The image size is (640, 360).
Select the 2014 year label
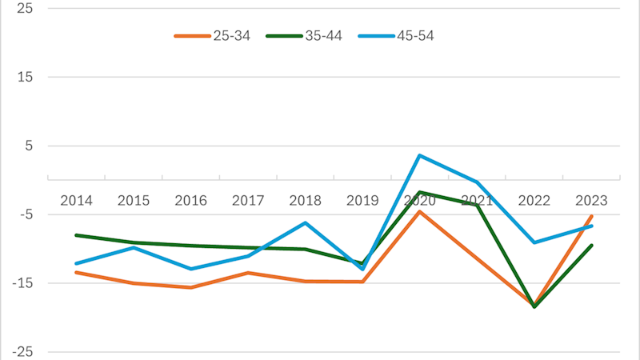(x=76, y=200)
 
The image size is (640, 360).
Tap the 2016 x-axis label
(x=190, y=200)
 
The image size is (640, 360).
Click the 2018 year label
(x=305, y=200)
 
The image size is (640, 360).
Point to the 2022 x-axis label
(x=534, y=200)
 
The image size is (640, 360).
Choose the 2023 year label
(x=591, y=200)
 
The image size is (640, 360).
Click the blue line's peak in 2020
(x=420, y=155)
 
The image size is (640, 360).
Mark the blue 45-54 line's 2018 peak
(x=305, y=222)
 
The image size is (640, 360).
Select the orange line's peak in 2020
(x=420, y=211)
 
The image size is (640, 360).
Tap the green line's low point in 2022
(x=534, y=306)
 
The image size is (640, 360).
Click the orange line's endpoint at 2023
(x=591, y=215)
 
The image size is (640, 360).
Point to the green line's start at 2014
(x=76, y=235)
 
